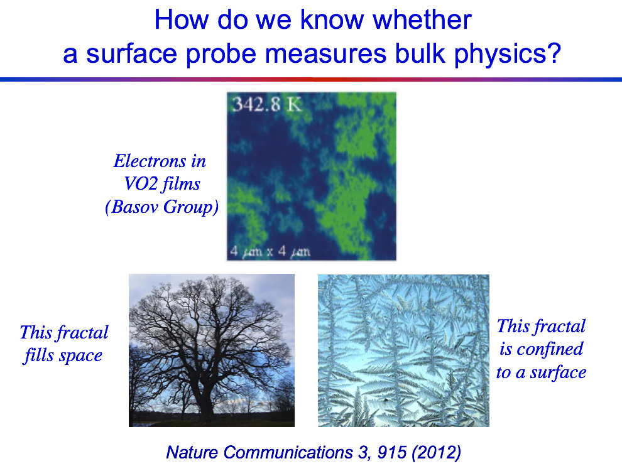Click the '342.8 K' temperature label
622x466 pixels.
coord(267,104)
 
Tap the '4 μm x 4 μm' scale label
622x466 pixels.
coord(270,251)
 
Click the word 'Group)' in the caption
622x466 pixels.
coord(191,207)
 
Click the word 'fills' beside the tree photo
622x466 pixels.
coord(39,355)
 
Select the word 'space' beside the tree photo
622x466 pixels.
coord(80,355)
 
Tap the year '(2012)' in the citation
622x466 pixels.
coord(437,453)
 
